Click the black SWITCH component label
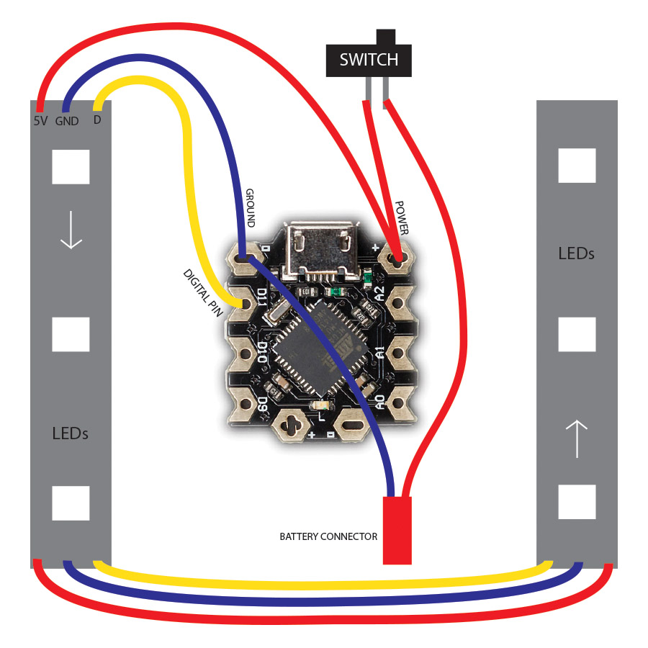coord(369,60)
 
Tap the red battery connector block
coord(397,529)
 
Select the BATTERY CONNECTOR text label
coord(328,536)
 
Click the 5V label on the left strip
coord(40,121)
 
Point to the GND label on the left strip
coord(67,121)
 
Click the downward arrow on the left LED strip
coord(71,230)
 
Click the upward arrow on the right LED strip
coord(577,439)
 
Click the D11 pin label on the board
coord(262,297)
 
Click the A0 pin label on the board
coord(379,402)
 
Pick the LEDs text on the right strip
coord(576,254)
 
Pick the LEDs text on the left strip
coord(70,433)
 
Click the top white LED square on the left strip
coord(71,166)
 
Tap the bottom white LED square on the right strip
coord(577,502)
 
